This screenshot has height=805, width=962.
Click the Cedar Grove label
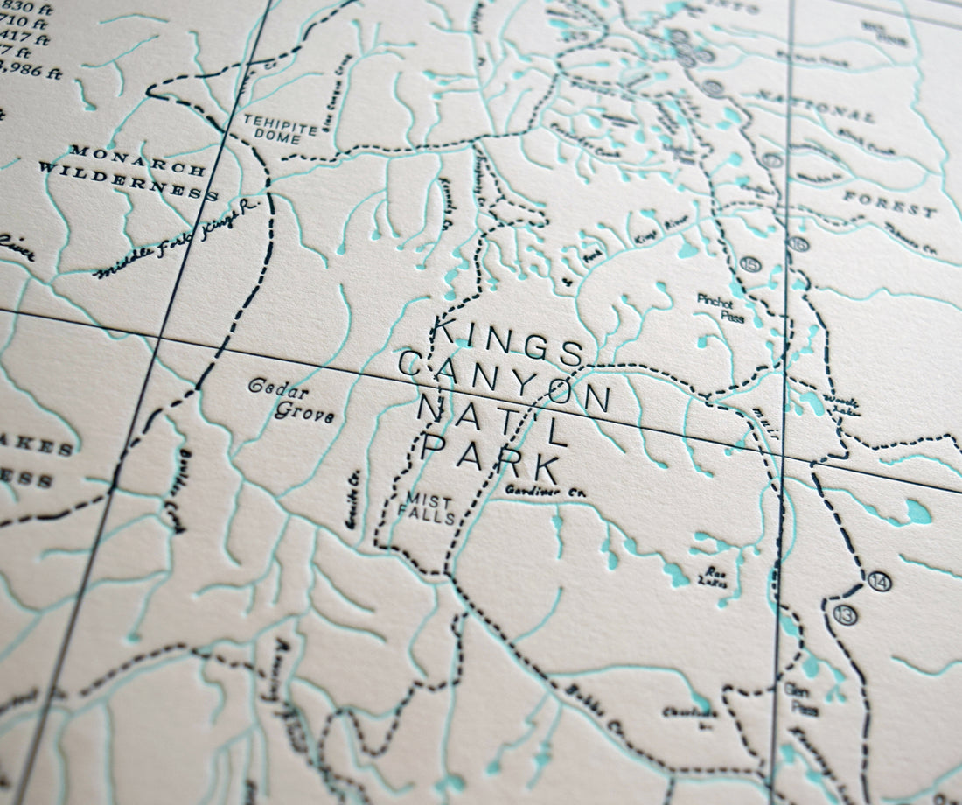[291, 399]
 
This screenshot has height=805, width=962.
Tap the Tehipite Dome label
[280, 128]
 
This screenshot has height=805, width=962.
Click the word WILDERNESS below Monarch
[128, 180]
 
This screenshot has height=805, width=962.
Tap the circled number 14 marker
[880, 581]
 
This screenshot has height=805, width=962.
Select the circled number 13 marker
[846, 614]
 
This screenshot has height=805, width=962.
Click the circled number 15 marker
[749, 263]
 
